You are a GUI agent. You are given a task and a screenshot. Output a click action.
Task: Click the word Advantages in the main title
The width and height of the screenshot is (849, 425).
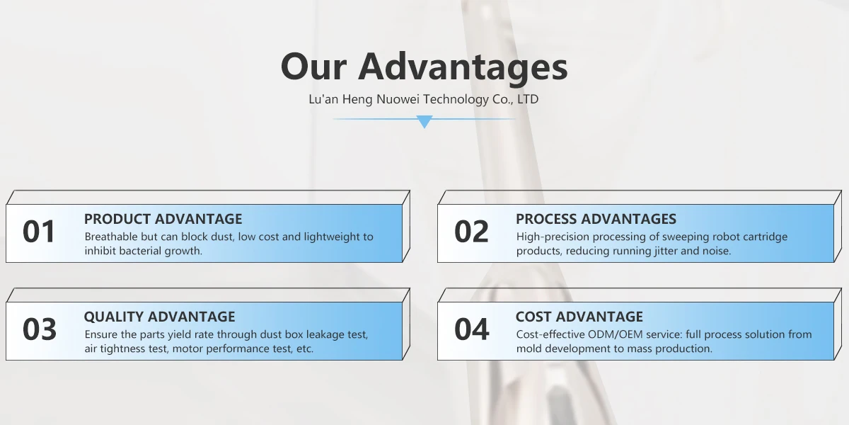click(x=463, y=67)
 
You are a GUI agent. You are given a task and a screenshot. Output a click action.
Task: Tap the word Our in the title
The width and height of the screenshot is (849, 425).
click(x=314, y=67)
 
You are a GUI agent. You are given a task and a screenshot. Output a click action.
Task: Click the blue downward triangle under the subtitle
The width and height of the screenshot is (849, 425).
click(x=424, y=121)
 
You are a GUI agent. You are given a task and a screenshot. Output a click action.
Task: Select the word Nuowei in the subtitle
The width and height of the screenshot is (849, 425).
click(x=398, y=99)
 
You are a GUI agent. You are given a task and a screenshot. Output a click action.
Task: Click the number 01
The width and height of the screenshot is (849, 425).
click(x=39, y=232)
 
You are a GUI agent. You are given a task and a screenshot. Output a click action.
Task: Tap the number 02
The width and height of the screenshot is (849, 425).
click(x=471, y=232)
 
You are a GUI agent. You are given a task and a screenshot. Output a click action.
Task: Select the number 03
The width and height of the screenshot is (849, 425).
click(x=40, y=329)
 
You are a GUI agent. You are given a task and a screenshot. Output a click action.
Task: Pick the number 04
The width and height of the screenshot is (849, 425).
click(x=472, y=329)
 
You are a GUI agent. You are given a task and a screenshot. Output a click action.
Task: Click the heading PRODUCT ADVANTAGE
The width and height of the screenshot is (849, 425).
click(x=163, y=219)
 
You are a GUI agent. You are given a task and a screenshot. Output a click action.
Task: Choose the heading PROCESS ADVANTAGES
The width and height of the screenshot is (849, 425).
click(x=596, y=219)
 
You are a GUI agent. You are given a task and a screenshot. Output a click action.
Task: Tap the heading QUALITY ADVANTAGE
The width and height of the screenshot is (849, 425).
click(x=160, y=317)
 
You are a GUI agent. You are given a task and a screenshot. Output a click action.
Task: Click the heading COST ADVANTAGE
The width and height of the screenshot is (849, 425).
click(x=579, y=317)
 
